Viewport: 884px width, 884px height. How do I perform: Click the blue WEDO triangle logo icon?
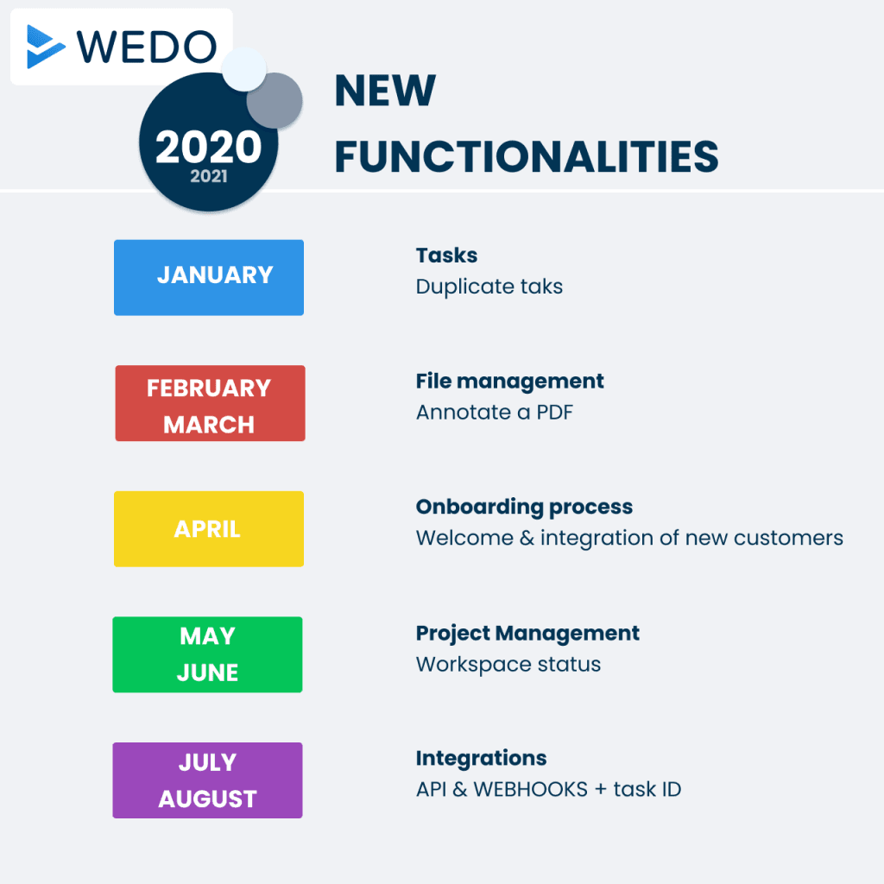45,47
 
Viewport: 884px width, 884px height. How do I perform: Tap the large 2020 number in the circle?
209,147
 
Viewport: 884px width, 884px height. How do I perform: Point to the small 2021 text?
209,176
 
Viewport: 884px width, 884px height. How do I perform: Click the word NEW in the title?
385,90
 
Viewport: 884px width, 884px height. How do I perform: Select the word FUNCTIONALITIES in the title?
527,156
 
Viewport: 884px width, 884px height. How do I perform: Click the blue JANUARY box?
209,277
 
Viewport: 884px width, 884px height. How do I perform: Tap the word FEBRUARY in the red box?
209,388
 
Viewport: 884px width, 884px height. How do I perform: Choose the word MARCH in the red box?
209,425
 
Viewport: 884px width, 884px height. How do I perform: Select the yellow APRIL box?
209,529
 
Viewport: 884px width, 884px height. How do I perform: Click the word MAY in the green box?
207,636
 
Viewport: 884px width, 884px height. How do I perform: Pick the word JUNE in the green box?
207,672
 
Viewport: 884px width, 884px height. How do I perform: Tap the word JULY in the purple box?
207,762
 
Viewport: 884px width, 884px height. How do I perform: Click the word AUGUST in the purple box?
207,799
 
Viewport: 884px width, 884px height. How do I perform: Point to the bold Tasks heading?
446,256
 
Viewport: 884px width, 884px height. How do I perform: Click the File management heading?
509,382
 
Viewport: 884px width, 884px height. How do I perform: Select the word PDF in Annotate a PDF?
554,412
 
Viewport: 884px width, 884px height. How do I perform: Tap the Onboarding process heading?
524,508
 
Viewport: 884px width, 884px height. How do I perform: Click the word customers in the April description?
788,538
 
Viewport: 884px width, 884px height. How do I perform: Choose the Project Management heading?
527,633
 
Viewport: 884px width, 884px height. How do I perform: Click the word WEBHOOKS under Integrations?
531,789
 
